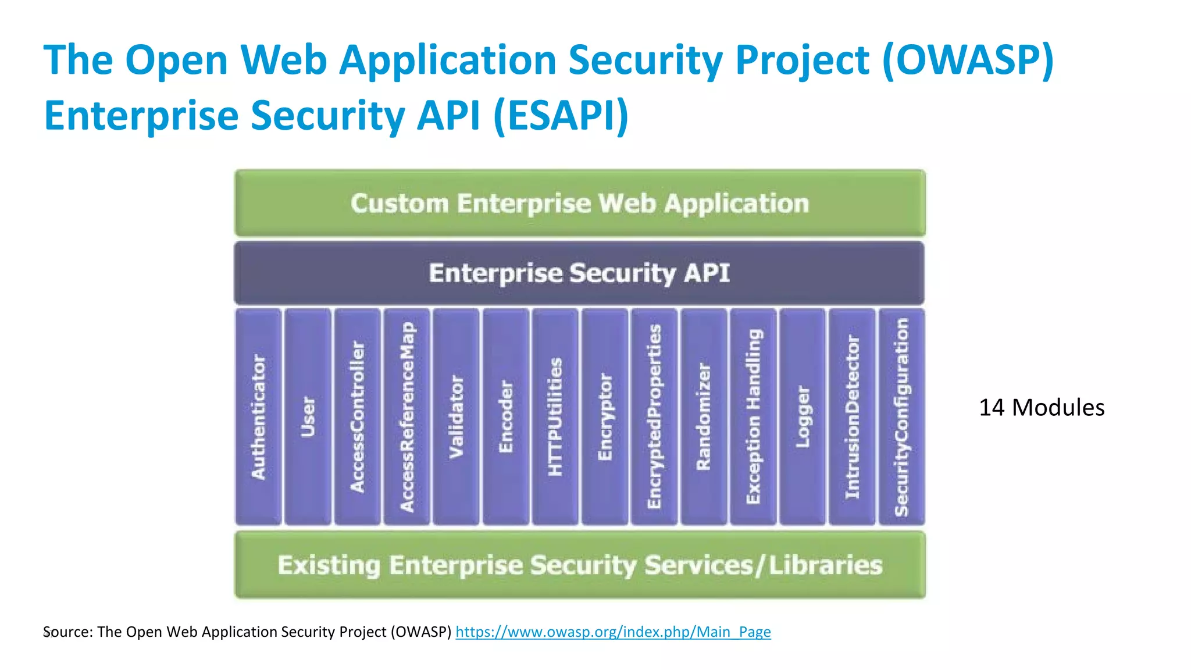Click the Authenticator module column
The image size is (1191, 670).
coord(258,416)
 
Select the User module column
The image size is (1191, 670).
coord(308,416)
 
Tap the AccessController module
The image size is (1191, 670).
coord(357,416)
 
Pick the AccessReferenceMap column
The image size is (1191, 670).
coord(407,416)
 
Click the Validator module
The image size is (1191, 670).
coord(457,416)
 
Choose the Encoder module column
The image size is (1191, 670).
coord(506,416)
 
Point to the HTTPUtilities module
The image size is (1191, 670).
coord(555,416)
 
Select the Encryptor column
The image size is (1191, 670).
coord(605,416)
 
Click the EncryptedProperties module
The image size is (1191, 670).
coord(654,416)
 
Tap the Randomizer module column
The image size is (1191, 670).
coord(704,416)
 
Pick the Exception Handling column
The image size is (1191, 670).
coord(753,416)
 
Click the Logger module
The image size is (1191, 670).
coord(803,416)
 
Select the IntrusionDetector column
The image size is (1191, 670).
coord(852,416)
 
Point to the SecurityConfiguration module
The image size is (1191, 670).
coord(901,416)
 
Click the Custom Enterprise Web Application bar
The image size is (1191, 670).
coord(580,204)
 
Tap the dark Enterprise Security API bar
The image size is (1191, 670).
coord(579,273)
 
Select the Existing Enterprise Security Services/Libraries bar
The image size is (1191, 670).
coord(580,565)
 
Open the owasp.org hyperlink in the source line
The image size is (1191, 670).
coord(613,632)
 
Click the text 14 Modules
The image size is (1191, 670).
coord(1042,408)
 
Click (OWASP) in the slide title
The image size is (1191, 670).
coord(968,60)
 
